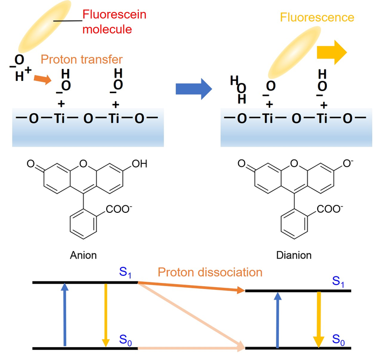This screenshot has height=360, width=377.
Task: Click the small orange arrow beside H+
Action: point(40,80)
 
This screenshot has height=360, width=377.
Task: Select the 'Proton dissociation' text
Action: point(210,272)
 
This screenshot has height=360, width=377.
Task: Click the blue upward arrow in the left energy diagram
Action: point(65,315)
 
